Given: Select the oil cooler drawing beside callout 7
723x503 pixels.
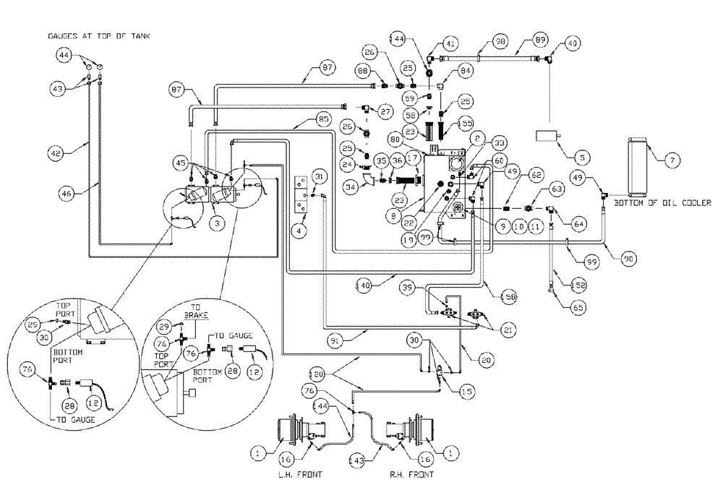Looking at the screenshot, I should tap(637, 166).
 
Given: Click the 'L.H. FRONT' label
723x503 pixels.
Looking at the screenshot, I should tap(294, 475).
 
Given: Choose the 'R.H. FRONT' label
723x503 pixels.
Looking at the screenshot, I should tap(410, 475).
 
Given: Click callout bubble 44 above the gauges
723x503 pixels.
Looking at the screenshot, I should tap(65, 55).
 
